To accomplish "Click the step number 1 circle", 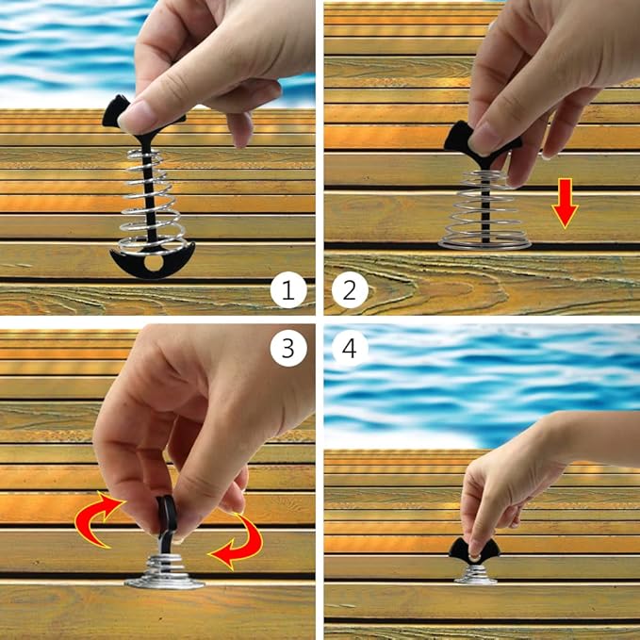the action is click(x=288, y=290).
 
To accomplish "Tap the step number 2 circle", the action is click(x=350, y=290).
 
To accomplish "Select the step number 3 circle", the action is click(x=288, y=348).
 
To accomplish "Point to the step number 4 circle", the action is click(x=350, y=348).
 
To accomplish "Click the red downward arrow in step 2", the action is click(x=565, y=204).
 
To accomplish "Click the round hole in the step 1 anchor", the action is click(x=154, y=263).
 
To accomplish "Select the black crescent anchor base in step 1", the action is click(x=152, y=262).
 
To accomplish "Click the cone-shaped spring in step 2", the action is click(x=484, y=210).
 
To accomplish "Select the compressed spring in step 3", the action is click(x=164, y=571).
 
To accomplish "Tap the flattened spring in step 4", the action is click(x=475, y=574).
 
